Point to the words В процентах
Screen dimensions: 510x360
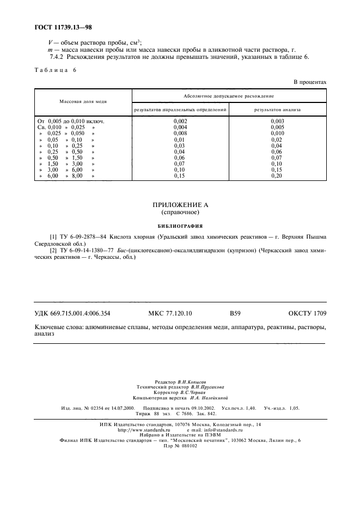[x=309, y=82]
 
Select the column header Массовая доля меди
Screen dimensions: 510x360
[x=83, y=101]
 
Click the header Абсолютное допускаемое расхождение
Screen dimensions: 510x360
[x=229, y=96]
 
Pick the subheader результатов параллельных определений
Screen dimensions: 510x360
[x=180, y=110]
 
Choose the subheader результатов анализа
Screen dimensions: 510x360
[x=277, y=110]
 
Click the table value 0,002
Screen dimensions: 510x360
[x=180, y=120]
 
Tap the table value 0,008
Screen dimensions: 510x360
[x=180, y=133]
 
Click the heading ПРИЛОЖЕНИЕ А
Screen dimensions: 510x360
[x=180, y=204]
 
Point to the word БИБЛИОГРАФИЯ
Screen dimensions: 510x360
[x=180, y=224]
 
